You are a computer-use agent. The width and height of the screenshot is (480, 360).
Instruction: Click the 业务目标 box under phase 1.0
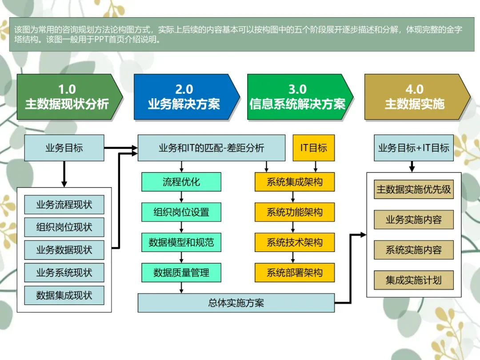[x=64, y=148]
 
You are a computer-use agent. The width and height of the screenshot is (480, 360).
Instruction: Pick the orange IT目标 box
[x=314, y=148]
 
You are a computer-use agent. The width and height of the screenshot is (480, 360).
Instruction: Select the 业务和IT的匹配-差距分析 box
[x=212, y=148]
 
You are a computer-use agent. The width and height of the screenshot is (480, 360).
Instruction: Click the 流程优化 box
[x=181, y=182]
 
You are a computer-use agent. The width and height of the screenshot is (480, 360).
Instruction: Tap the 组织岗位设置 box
[x=181, y=212]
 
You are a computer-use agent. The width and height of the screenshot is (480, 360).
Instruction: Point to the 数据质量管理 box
[x=181, y=272]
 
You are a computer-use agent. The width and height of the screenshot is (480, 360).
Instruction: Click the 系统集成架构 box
[x=294, y=182]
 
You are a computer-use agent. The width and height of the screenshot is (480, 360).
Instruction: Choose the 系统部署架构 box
[x=294, y=272]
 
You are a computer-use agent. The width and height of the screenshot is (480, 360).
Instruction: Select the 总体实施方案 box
[x=236, y=303]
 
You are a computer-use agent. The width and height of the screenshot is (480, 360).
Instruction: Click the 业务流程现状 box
[x=64, y=205]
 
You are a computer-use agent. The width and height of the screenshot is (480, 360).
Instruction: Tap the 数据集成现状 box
[x=64, y=296]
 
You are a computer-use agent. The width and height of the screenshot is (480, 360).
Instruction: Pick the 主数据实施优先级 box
[x=414, y=189]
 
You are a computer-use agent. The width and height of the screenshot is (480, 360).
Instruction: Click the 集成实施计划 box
[x=414, y=280]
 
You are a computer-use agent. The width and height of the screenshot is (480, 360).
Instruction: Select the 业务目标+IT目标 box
[x=414, y=148]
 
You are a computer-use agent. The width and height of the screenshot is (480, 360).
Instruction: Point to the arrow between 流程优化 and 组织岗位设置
[x=181, y=197]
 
